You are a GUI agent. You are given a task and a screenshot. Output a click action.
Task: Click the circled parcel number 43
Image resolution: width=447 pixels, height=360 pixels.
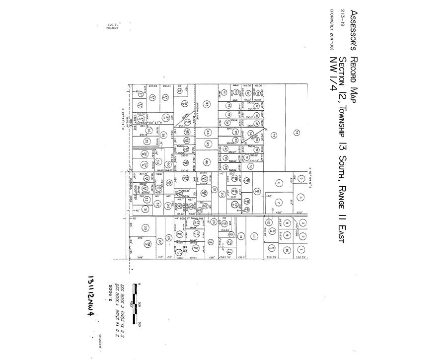207,104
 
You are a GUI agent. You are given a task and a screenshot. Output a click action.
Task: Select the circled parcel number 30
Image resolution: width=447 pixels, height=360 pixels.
146,228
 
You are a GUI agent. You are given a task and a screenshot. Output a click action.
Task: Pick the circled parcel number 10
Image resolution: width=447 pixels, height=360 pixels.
287,250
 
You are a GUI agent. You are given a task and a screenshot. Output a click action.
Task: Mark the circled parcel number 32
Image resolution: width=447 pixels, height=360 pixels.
158,204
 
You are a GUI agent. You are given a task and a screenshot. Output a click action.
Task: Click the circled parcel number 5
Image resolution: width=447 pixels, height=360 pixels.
300,178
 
